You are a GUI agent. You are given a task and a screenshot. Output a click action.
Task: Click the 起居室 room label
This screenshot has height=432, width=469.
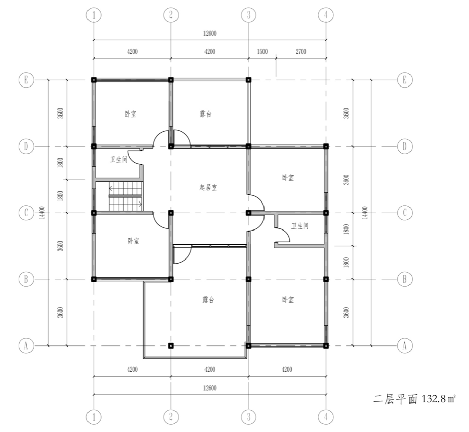pos(208,188)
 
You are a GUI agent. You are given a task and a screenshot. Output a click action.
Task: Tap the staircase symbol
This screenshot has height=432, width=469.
pos(126,196)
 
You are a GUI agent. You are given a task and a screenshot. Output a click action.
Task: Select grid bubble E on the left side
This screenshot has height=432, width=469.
pos(26,80)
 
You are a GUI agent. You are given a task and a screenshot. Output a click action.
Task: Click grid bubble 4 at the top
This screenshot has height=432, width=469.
pos(326,15)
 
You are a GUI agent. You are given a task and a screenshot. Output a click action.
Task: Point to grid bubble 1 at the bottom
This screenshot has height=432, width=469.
pos(94,417)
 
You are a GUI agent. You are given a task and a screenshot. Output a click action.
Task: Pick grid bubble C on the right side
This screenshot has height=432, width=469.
pos(405,213)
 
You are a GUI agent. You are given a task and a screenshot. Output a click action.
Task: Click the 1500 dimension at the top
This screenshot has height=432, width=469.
pos(262,52)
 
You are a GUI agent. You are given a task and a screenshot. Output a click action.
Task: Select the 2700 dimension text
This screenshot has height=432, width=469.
pos(301,52)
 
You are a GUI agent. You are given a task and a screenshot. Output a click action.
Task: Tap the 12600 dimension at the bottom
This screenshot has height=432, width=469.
pos(210,388)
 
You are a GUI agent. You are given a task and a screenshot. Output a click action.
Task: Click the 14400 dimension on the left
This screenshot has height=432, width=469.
pos(42,212)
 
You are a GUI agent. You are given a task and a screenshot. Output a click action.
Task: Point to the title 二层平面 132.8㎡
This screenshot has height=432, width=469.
pos(415,399)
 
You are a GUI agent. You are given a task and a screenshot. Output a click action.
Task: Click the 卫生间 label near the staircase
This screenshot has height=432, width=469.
pos(119,159)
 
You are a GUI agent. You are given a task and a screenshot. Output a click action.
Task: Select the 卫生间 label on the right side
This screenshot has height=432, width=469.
pos(300,226)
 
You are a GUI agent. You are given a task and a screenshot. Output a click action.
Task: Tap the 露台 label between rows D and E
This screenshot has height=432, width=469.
pos(206,114)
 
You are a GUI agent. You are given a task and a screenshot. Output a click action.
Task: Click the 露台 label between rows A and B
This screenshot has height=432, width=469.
pos(208,300)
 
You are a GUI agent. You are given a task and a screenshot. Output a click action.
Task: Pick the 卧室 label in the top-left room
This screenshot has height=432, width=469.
pos(130,114)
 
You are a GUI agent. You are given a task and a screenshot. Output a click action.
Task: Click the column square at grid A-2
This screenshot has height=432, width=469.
pos(171,345)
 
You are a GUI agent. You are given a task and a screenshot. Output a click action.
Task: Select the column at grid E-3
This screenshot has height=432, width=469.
pos(248,80)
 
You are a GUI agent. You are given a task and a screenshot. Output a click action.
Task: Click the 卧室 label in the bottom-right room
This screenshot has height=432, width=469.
pos(288,300)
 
